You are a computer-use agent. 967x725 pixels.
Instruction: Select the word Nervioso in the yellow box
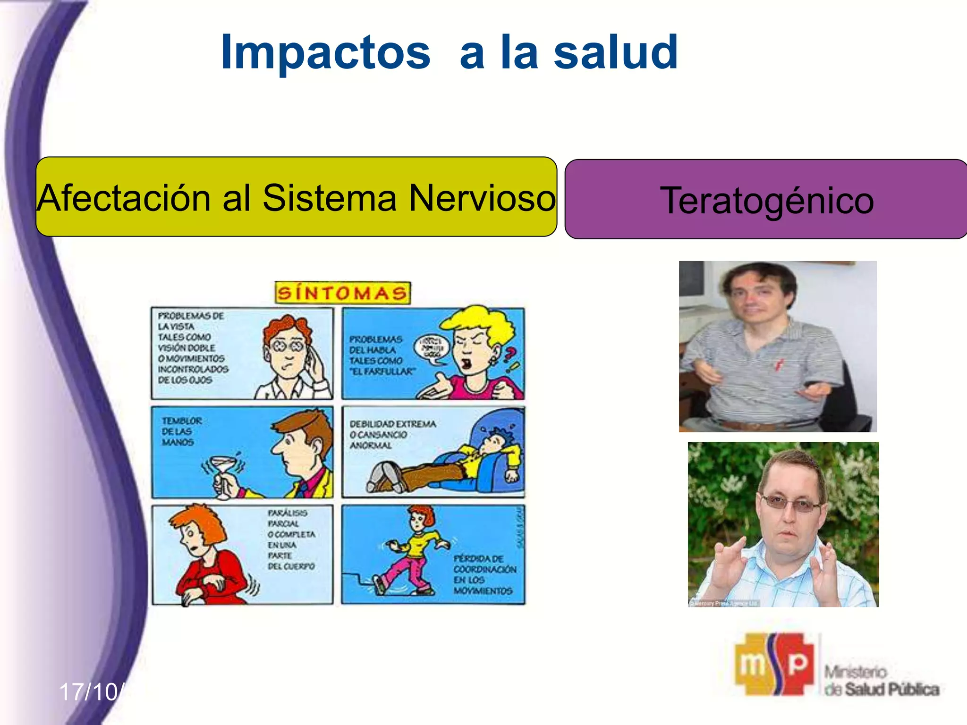tap(482, 198)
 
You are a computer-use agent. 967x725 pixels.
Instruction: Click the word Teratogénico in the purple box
tap(767, 200)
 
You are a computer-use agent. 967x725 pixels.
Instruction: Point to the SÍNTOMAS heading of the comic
tap(342, 293)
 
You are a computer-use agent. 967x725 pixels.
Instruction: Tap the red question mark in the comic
tap(510, 354)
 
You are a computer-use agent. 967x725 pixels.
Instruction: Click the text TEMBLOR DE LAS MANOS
tap(181, 431)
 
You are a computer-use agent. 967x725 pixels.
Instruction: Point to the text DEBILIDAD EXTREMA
tap(392, 424)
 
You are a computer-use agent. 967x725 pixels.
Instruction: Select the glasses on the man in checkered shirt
tap(791, 504)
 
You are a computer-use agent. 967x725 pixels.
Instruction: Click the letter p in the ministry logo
tap(797, 663)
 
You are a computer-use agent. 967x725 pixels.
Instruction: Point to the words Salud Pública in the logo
tap(891, 690)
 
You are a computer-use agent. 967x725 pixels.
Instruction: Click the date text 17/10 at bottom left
tap(90, 692)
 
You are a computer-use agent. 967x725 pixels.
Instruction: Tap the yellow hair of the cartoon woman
tap(477, 321)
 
